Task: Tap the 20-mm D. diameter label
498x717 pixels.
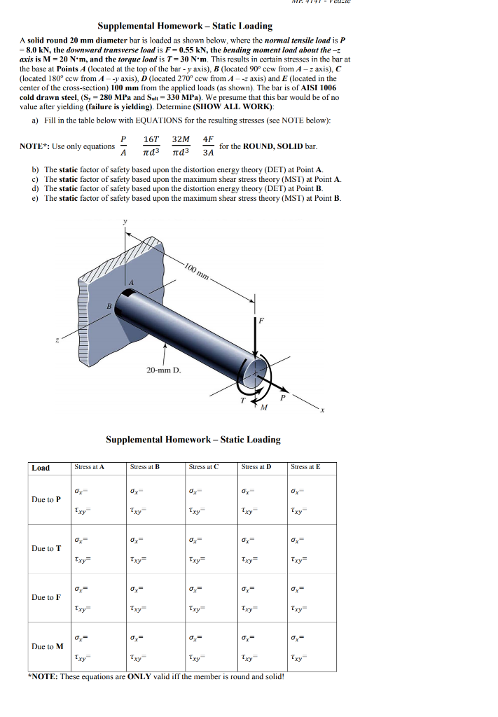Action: [165, 370]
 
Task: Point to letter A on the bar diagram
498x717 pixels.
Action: [130, 282]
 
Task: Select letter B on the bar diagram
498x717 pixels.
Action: [109, 306]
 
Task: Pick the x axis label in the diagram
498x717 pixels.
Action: [324, 412]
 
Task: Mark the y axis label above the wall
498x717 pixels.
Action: [126, 222]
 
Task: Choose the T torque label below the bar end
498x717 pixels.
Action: [243, 401]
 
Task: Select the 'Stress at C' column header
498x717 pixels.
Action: [204, 466]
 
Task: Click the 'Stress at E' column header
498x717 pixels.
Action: [305, 466]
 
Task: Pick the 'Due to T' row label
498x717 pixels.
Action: [46, 548]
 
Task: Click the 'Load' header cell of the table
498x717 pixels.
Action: [41, 467]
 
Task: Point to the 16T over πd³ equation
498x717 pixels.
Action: [152, 146]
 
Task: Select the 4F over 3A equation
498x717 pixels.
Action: [208, 146]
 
